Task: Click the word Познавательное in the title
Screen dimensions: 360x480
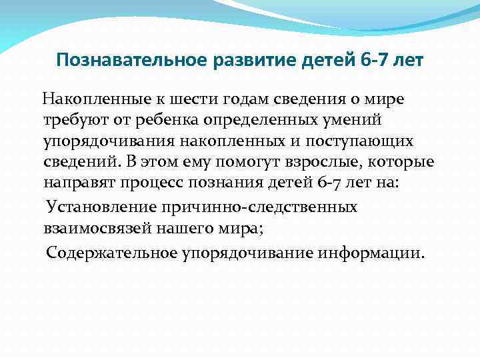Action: (131, 61)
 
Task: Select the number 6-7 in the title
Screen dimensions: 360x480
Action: (371, 61)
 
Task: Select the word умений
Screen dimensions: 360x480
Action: (361, 119)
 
